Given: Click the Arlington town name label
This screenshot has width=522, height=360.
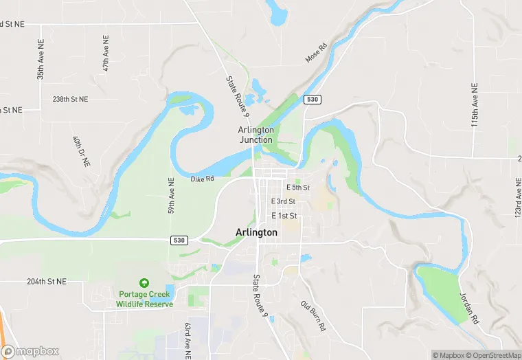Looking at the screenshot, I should coord(256,233).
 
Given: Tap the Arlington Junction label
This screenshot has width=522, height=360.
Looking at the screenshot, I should coord(256,135).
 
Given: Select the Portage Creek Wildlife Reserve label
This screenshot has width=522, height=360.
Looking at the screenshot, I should coord(144,300).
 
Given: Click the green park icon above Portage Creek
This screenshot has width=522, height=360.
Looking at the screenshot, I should coord(144,283).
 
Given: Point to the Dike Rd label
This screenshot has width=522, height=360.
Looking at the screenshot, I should coord(203,179).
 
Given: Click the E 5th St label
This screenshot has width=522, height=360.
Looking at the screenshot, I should coord(298,188).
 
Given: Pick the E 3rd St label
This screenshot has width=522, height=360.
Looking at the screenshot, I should coord(283,201).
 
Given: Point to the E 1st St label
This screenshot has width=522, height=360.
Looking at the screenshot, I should coord(283,216).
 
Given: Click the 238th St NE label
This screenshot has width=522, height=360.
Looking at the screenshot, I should coord(71,100).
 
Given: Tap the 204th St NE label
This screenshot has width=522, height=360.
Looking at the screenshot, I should coord(47,282).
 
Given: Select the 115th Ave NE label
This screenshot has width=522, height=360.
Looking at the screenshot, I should coord(474,104).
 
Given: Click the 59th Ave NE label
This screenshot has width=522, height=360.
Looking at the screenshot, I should coord(172,195).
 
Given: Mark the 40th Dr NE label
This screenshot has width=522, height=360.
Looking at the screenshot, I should coord(78,153).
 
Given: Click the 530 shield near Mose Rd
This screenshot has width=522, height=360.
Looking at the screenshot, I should coord(313,100).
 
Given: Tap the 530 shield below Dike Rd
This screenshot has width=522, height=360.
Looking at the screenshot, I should coord(179,240).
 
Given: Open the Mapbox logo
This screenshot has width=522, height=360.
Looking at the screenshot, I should coord(31,351).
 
